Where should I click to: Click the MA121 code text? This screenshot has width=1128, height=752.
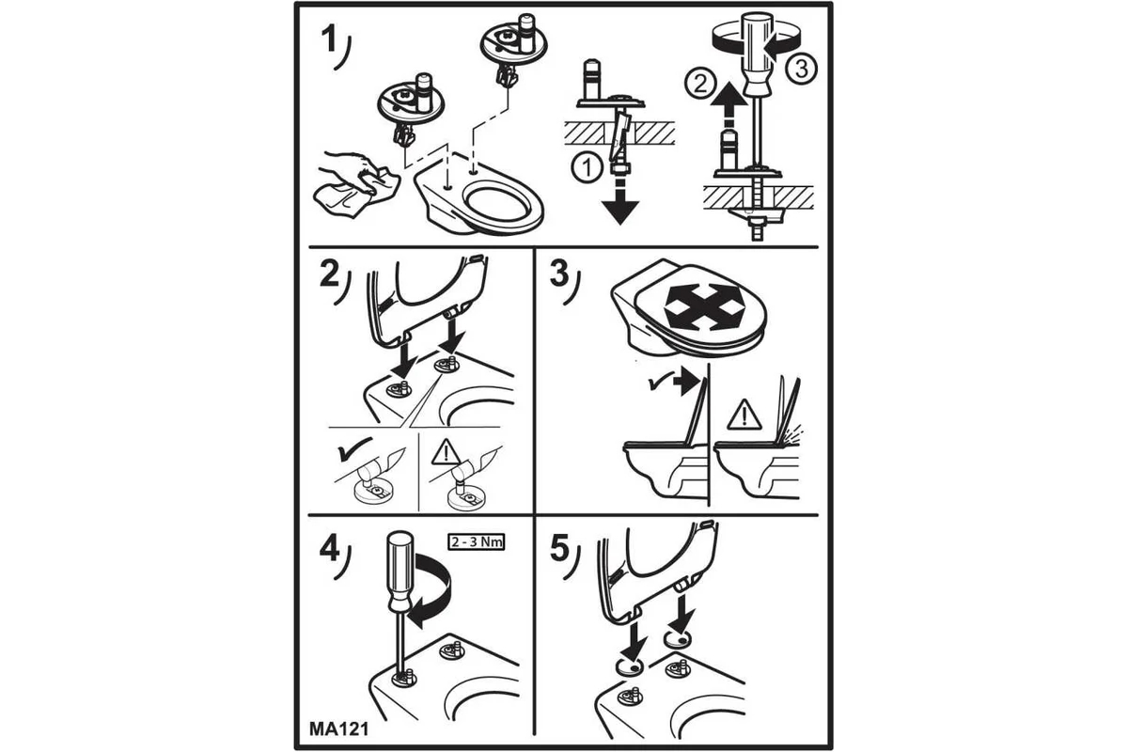(x=338, y=728)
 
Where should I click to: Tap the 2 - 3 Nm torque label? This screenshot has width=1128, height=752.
(x=476, y=542)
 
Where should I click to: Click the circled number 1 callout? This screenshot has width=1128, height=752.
(x=587, y=168)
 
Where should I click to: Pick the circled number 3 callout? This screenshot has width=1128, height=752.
(x=802, y=68)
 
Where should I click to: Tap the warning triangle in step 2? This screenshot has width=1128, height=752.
(x=446, y=452)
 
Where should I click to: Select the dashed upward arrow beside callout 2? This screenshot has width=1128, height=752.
(x=724, y=108)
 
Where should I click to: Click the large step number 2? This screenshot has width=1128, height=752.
(x=330, y=275)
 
